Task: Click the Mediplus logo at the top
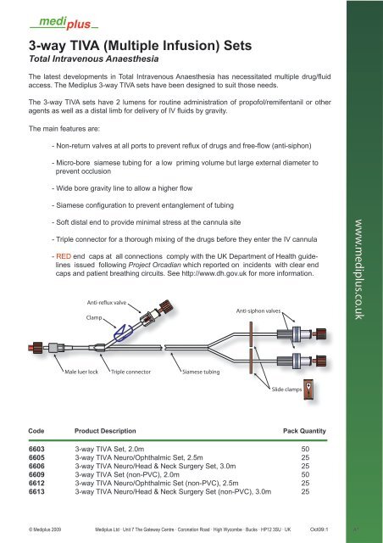click(64, 23)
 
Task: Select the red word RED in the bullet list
click(64, 256)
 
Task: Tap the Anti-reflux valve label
click(107, 303)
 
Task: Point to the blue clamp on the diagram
click(122, 333)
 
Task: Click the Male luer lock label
click(81, 372)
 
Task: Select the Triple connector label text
click(130, 372)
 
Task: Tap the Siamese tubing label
click(201, 372)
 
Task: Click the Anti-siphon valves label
click(258, 311)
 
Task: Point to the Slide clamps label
click(286, 389)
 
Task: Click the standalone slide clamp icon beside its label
click(309, 390)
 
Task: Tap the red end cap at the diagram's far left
click(36, 347)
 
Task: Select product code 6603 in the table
click(36, 449)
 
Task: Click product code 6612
click(36, 483)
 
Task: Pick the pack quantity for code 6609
click(305, 475)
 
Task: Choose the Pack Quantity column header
click(304, 431)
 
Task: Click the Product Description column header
click(105, 431)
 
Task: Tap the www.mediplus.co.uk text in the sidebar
click(359, 269)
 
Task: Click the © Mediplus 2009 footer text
click(45, 529)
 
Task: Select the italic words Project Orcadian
click(155, 265)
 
